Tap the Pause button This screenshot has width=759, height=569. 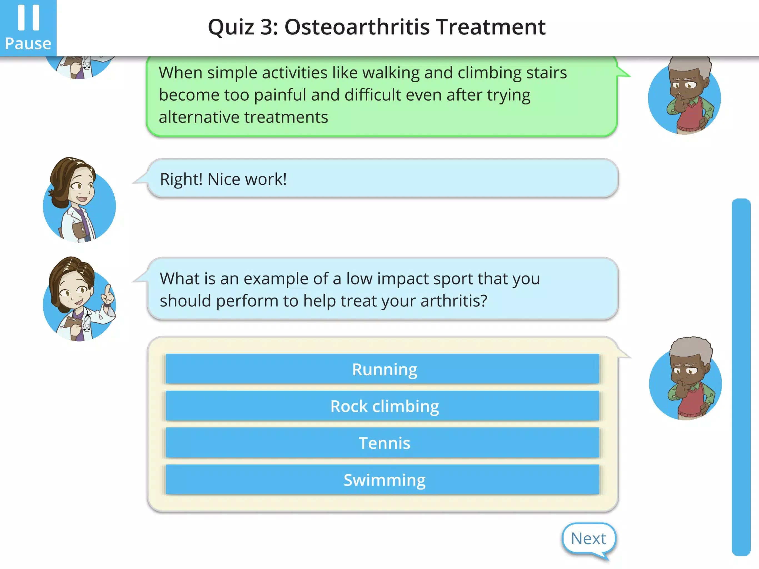pos(28,28)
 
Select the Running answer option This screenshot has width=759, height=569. pos(382,369)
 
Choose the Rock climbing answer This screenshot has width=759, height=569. pos(382,406)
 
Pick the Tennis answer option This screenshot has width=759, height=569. pos(382,443)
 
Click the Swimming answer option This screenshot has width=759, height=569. pos(382,480)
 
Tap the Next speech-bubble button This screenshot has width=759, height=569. pos(588,539)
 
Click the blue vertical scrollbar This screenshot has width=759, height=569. pos(741,376)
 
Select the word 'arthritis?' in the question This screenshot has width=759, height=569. pos(454,301)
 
